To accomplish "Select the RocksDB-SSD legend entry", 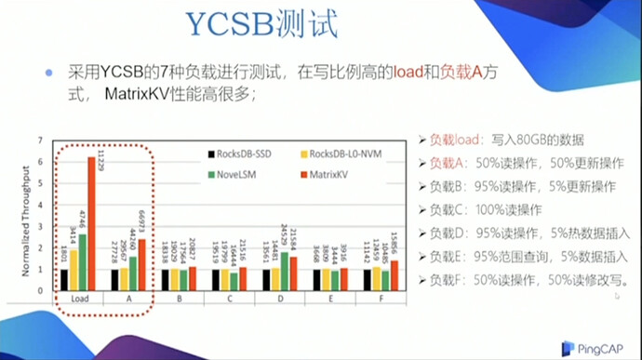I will (246, 153).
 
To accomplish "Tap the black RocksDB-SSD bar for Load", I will (64, 279).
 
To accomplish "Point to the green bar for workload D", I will (284, 270).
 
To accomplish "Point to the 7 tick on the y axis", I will (39, 140).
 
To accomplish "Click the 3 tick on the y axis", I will (39, 226).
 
